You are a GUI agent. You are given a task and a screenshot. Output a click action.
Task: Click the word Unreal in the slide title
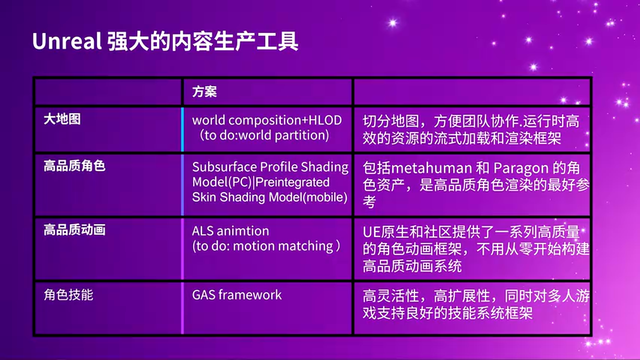coord(67,41)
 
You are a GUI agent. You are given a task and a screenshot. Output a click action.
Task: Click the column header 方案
coord(204,91)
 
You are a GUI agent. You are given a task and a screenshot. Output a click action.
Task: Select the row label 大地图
coord(62,119)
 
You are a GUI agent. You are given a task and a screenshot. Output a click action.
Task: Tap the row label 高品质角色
coord(74,166)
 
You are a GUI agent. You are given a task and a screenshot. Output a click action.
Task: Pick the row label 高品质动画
coord(74,230)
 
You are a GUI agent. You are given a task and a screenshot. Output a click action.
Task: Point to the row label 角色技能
coord(68,294)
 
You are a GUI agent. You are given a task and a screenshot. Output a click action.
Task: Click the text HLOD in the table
coord(325,120)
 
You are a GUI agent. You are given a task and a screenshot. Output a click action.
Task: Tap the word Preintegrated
coord(292,182)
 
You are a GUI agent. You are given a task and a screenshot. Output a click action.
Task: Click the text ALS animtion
coord(230,231)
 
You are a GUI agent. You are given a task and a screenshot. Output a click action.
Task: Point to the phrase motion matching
coord(283,246)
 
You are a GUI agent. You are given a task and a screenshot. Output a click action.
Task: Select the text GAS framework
coord(237,295)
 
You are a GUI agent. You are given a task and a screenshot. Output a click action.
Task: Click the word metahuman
coord(431,168)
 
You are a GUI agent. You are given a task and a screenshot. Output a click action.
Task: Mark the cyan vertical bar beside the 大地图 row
coord(182,129)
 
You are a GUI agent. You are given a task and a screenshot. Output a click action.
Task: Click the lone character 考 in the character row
coord(369,202)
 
